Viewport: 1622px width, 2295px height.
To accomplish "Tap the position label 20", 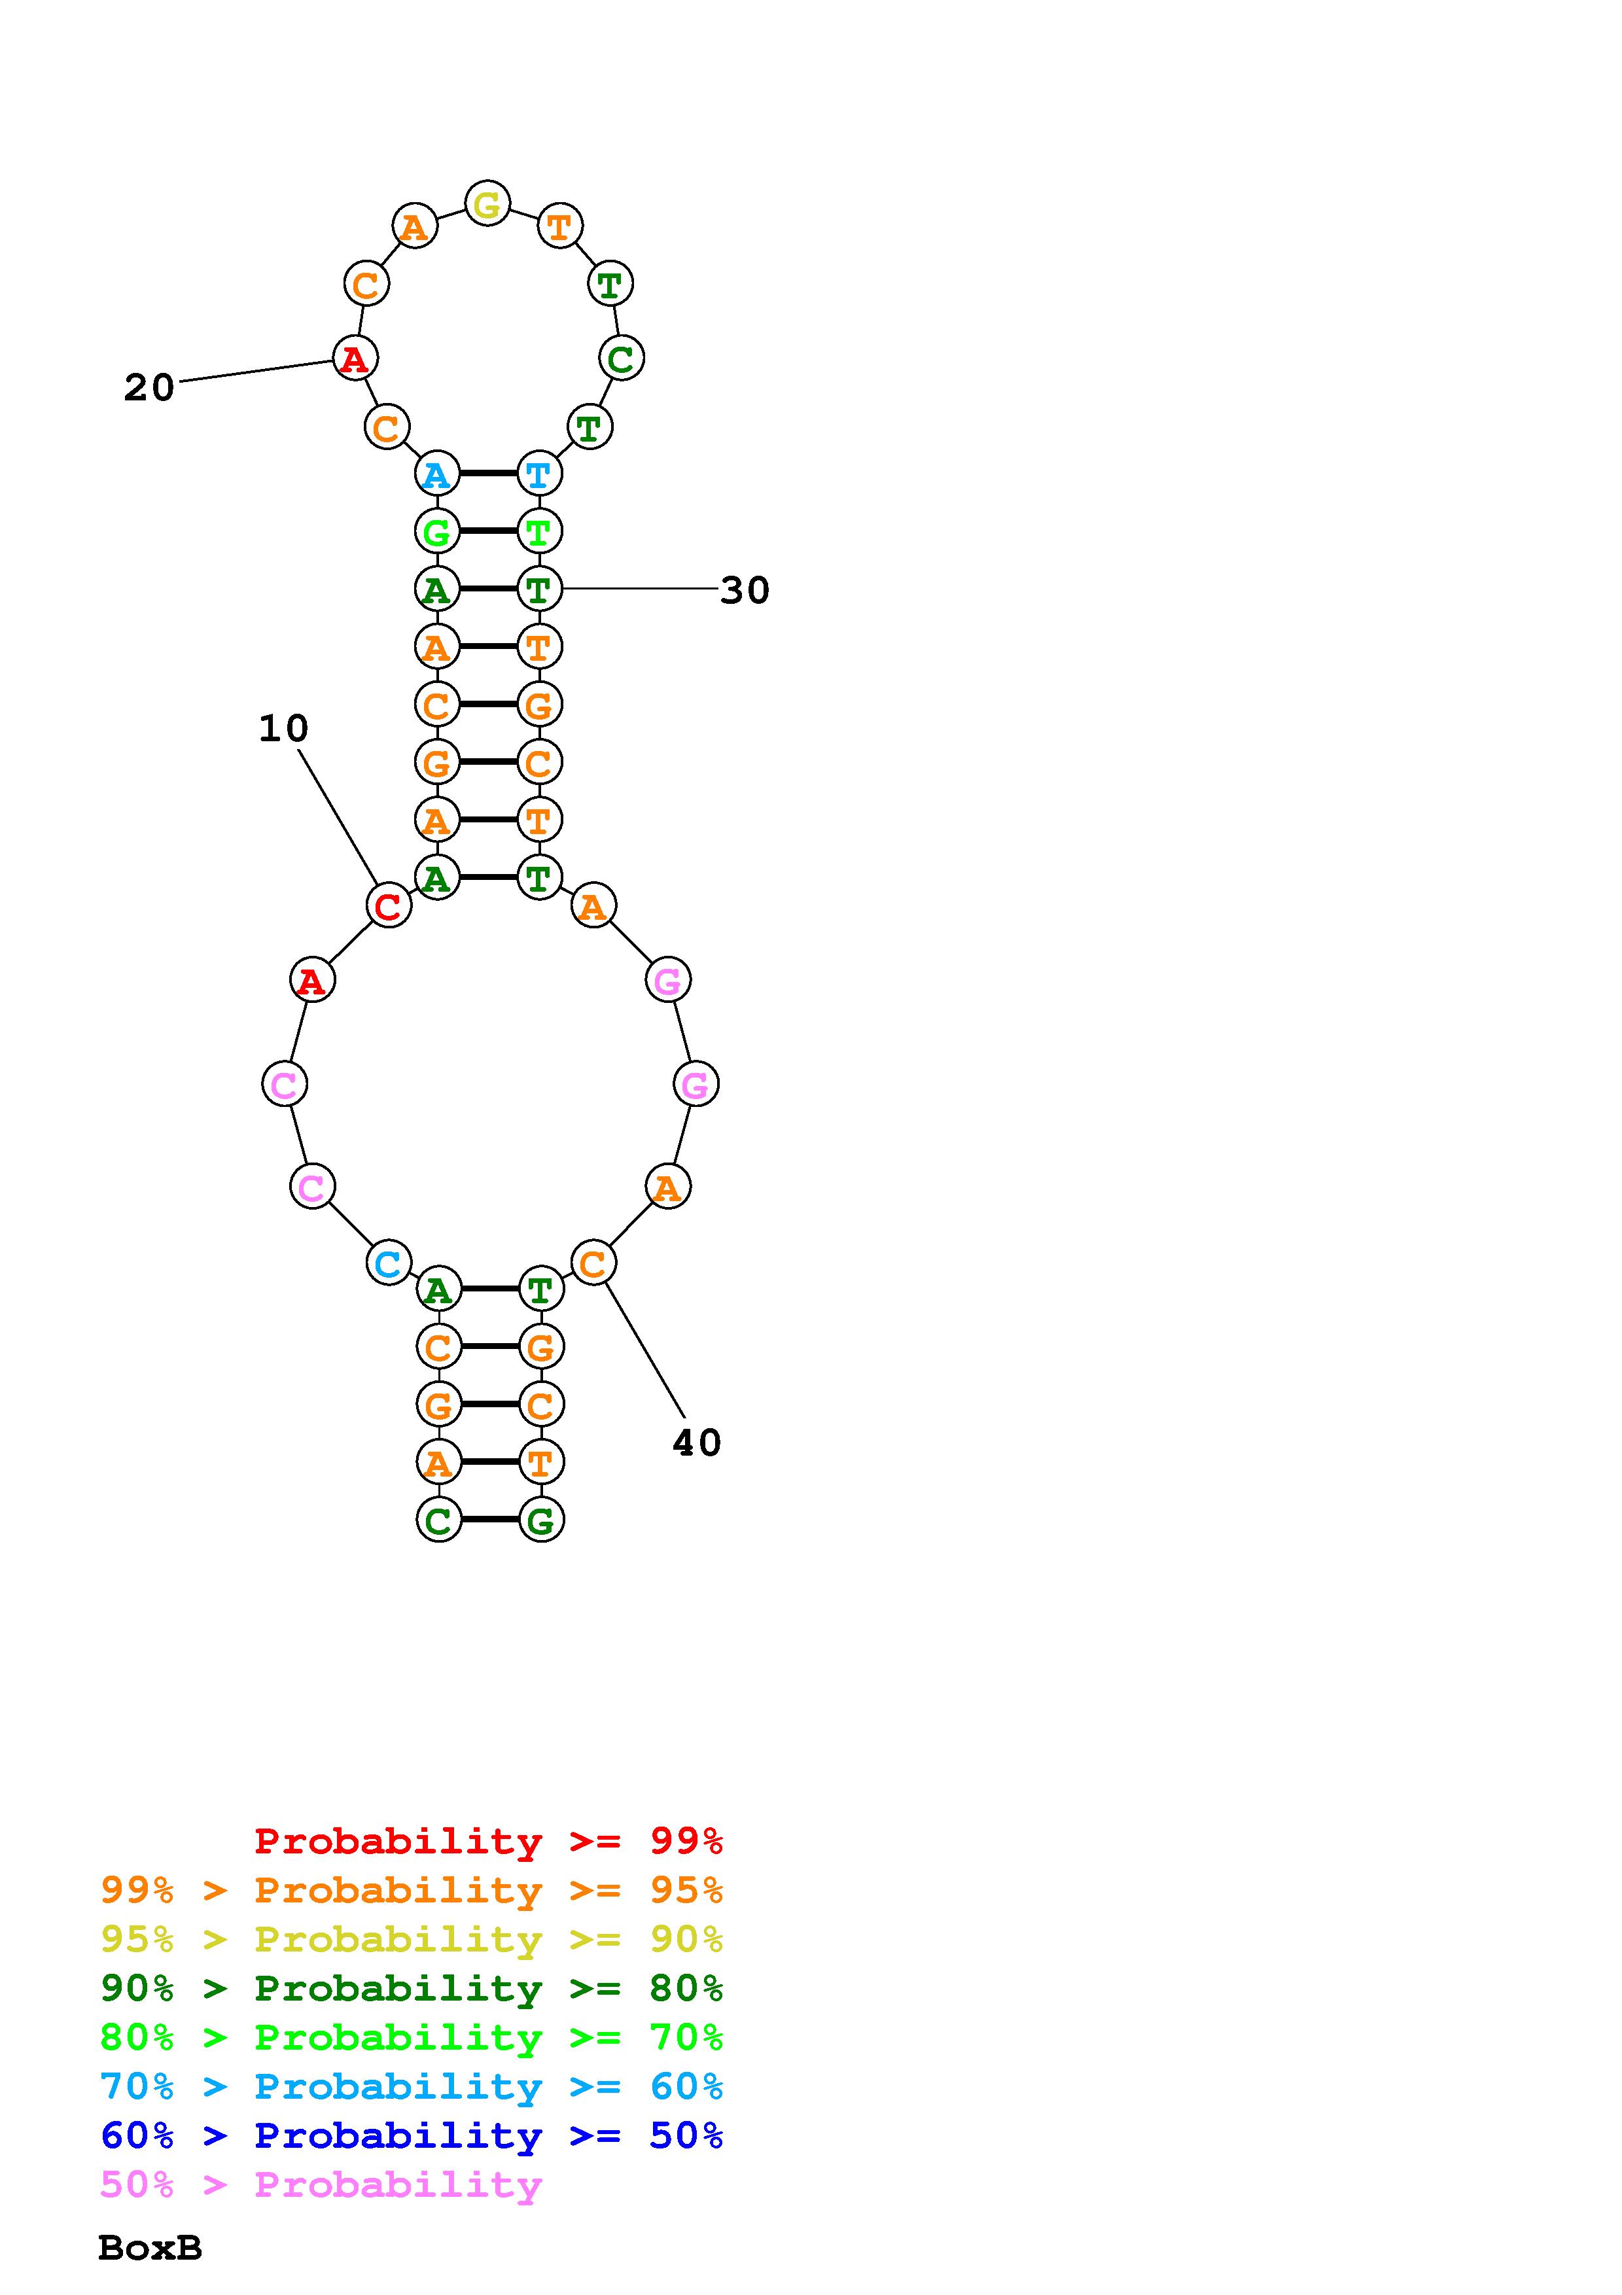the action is click(149, 388).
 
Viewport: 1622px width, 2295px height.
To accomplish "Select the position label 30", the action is click(745, 591).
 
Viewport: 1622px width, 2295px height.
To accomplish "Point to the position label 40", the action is click(697, 1443).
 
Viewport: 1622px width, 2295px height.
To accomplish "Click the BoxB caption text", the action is click(150, 2248).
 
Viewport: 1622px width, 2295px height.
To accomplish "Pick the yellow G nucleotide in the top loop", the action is click(487, 205).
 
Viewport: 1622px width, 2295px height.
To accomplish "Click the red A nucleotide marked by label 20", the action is click(354, 359).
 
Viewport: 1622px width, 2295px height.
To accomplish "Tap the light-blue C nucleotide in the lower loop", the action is click(388, 1263).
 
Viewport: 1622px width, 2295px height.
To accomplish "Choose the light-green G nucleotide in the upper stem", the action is click(436, 532).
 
